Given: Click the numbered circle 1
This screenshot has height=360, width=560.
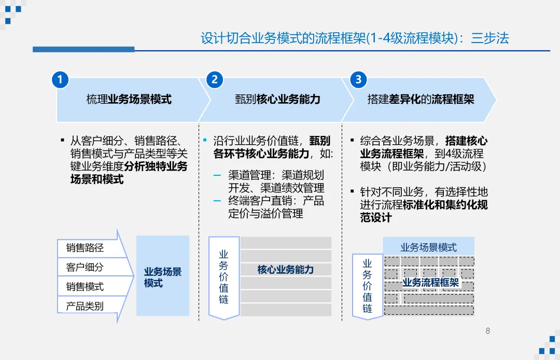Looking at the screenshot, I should click(x=60, y=79).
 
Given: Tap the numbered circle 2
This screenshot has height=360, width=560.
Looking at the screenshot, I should click(x=214, y=79).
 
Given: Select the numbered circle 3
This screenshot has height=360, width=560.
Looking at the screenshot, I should click(x=358, y=79).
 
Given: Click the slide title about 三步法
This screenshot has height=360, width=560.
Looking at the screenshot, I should click(x=355, y=38).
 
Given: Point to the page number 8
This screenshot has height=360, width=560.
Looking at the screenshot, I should click(x=487, y=331).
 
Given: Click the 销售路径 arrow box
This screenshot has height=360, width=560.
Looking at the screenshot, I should click(x=86, y=248).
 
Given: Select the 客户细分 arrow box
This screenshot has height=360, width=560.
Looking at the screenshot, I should click(x=86, y=267).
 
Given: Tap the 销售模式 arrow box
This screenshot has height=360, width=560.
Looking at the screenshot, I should click(x=86, y=286).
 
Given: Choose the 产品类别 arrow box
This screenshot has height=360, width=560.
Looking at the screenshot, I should click(x=86, y=306).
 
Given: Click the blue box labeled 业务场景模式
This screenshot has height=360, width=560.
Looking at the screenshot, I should click(x=163, y=276).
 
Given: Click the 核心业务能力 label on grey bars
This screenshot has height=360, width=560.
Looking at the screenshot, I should click(x=286, y=270).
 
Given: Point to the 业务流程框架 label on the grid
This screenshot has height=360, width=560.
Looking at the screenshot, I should click(x=431, y=282).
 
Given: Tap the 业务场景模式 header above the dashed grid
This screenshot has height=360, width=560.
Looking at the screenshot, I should click(x=428, y=247).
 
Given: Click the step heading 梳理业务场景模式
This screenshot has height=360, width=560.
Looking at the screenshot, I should click(x=129, y=99).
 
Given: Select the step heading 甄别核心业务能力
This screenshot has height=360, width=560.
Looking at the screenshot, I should click(x=277, y=99).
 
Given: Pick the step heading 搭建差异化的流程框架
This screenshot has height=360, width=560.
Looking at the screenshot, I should click(x=421, y=99).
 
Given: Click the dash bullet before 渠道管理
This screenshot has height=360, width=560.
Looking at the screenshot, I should click(x=217, y=175).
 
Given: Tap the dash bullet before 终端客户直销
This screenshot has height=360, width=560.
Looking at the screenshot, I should click(x=217, y=201).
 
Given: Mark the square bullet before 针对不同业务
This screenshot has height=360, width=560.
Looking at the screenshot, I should click(x=353, y=192).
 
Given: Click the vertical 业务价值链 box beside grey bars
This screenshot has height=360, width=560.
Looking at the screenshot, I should click(x=223, y=276).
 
